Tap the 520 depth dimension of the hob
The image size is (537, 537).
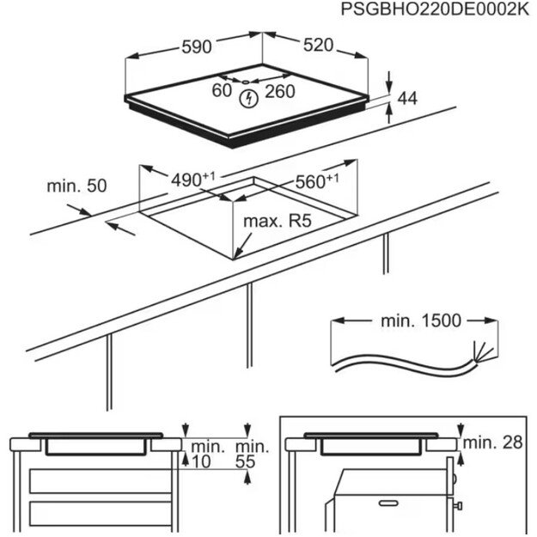tap(317, 46)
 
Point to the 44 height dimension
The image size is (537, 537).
tap(407, 100)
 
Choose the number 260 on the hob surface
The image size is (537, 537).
tap(280, 91)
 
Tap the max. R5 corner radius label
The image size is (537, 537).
tap(276, 222)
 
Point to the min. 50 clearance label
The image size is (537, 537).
tap(76, 186)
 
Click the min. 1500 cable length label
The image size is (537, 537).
tap(420, 321)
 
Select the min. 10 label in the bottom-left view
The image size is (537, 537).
tap(207, 454)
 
